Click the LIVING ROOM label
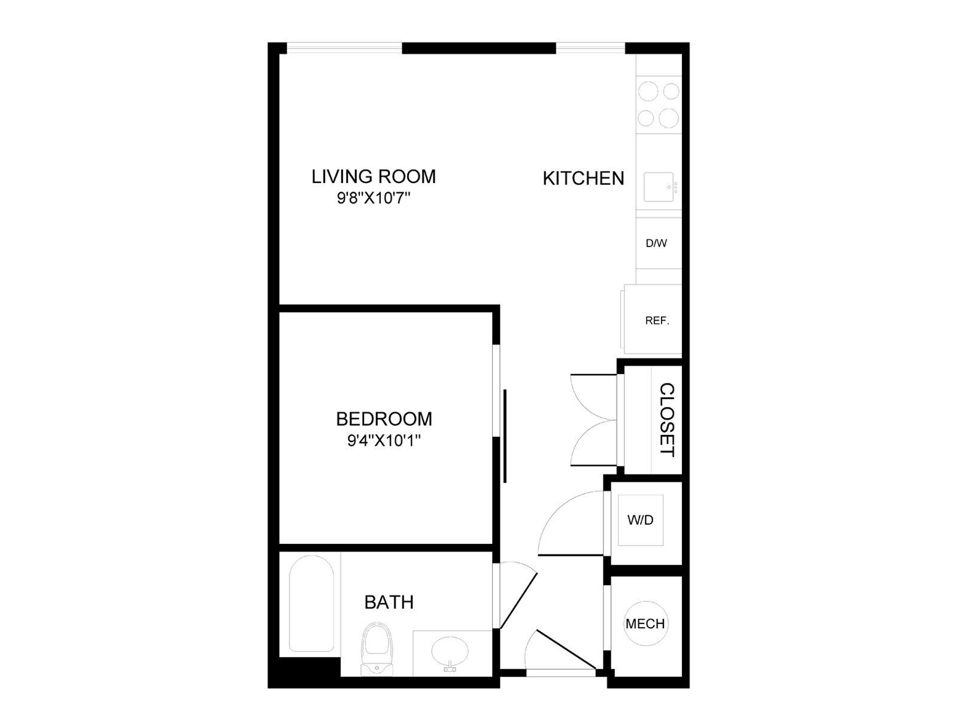pyautogui.click(x=374, y=177)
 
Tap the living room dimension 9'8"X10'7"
pyautogui.click(x=374, y=198)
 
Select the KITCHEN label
pyautogui.click(x=583, y=178)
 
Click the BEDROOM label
pyautogui.click(x=384, y=419)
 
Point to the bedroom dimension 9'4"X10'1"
pyautogui.click(x=384, y=441)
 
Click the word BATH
pyautogui.click(x=389, y=602)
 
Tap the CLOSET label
pyautogui.click(x=667, y=419)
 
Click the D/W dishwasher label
pyautogui.click(x=656, y=244)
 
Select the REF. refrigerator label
pyautogui.click(x=657, y=321)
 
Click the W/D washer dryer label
pyautogui.click(x=640, y=520)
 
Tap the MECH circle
pyautogui.click(x=645, y=623)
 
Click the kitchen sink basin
pyautogui.click(x=659, y=187)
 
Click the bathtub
pyautogui.click(x=311, y=603)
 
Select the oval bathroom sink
pyautogui.click(x=450, y=651)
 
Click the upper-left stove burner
pyautogui.click(x=648, y=92)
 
